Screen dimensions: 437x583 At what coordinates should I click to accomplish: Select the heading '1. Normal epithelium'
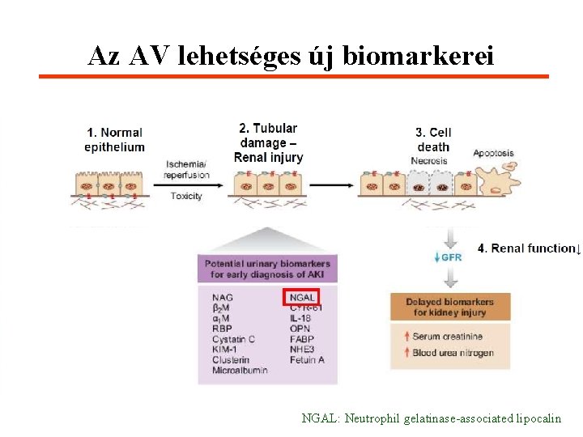coord(114,139)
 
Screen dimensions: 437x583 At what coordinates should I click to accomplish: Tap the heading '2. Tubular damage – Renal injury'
coord(268,142)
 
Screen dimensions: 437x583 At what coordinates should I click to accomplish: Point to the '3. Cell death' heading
coord(433,139)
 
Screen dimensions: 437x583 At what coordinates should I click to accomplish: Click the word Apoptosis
coord(493,153)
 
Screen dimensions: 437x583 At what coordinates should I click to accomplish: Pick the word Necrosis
coord(429,160)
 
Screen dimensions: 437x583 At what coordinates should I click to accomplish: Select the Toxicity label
coord(186,196)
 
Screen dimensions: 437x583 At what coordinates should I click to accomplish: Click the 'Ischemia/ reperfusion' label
coord(186,169)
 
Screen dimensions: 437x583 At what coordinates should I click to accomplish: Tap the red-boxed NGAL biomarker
coord(302,298)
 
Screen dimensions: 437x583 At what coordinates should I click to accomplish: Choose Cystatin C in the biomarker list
coord(234,339)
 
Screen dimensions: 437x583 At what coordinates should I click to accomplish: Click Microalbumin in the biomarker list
coord(240,370)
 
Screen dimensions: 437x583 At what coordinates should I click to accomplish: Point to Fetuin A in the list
coord(307,359)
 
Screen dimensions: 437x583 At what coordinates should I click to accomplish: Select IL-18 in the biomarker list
coord(302,319)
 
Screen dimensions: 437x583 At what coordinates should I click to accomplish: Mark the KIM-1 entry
coord(226,350)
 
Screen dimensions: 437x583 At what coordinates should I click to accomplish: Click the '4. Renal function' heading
coord(526,248)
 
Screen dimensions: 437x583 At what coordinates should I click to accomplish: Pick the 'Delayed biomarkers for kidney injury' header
coord(450,307)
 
